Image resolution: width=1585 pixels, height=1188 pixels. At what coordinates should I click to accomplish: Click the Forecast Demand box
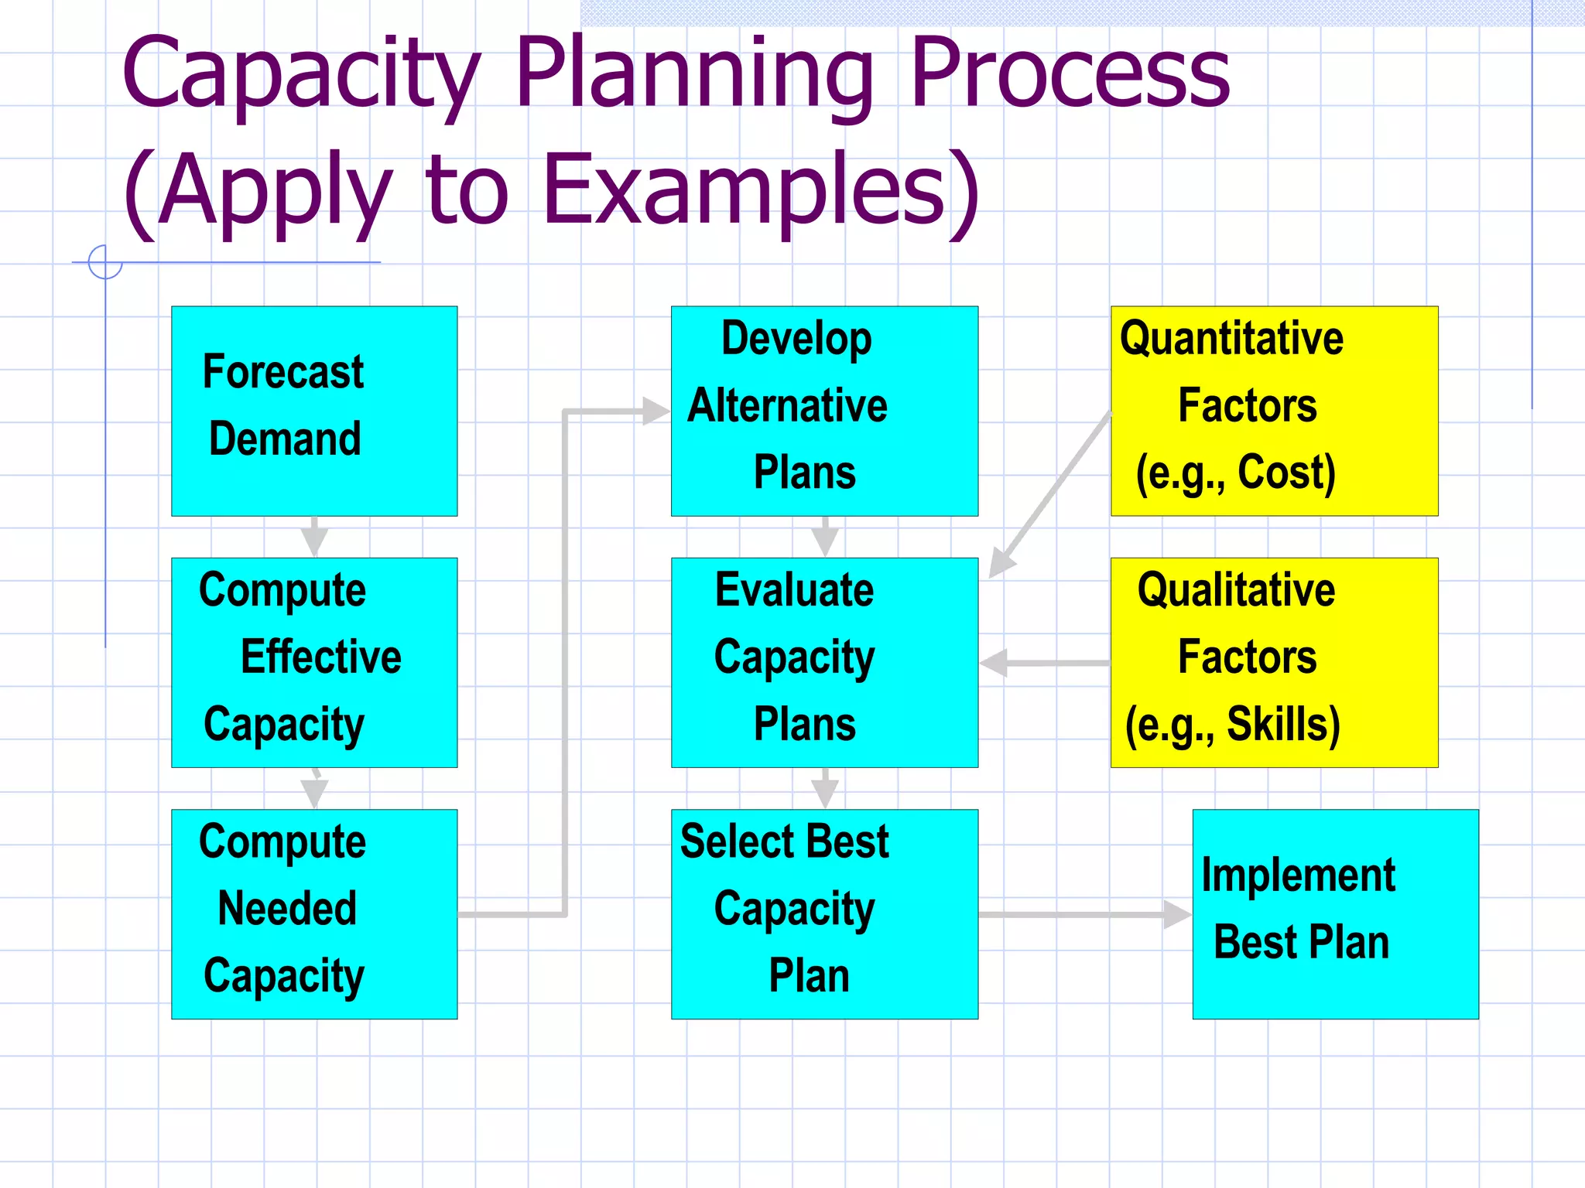pyautogui.click(x=314, y=411)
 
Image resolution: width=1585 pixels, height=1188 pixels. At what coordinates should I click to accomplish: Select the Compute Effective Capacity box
pyautogui.click(x=314, y=662)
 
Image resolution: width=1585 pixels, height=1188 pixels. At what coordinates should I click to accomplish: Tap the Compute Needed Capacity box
pyautogui.click(x=314, y=913)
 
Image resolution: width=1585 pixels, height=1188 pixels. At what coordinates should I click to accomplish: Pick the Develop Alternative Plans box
pyautogui.click(x=824, y=411)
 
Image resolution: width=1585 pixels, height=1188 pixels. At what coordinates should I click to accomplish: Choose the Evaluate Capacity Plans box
pyautogui.click(x=824, y=662)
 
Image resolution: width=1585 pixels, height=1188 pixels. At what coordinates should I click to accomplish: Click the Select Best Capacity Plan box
pyautogui.click(x=824, y=913)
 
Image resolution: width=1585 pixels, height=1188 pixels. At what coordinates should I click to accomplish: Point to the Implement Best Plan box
pyautogui.click(x=1335, y=913)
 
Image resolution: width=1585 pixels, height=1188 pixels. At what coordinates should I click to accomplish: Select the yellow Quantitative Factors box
pyautogui.click(x=1274, y=411)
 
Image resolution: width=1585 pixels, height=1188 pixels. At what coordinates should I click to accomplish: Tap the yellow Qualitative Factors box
pyautogui.click(x=1274, y=662)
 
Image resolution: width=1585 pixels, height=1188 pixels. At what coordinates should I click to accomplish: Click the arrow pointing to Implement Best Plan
pyautogui.click(x=1083, y=914)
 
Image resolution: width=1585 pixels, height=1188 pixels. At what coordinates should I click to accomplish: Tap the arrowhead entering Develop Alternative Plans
pyautogui.click(x=655, y=411)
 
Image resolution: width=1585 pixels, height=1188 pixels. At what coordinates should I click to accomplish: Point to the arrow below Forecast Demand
pyautogui.click(x=314, y=536)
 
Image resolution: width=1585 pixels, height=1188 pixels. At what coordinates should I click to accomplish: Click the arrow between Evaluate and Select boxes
pyautogui.click(x=825, y=788)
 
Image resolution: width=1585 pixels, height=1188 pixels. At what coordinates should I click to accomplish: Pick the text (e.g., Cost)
pyautogui.click(x=1235, y=473)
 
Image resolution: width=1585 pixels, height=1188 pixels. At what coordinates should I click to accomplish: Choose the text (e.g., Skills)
pyautogui.click(x=1232, y=725)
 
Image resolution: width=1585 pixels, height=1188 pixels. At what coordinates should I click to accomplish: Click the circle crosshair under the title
pyautogui.click(x=105, y=262)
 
